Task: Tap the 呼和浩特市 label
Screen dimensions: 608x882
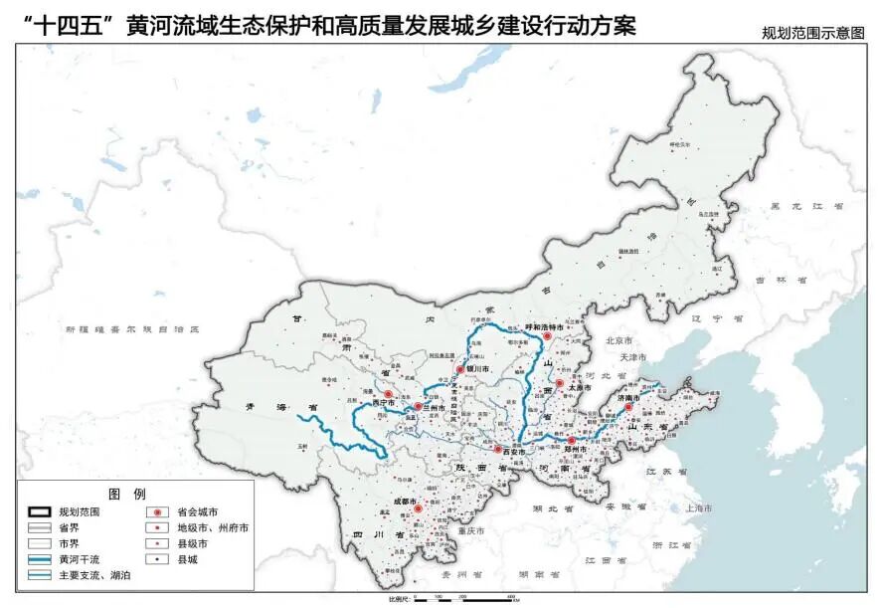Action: pyautogui.click(x=544, y=326)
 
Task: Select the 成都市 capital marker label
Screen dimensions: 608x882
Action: pyautogui.click(x=405, y=502)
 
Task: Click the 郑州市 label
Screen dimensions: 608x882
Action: pyautogui.click(x=579, y=450)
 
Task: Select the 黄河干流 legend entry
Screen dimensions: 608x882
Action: pyautogui.click(x=79, y=560)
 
